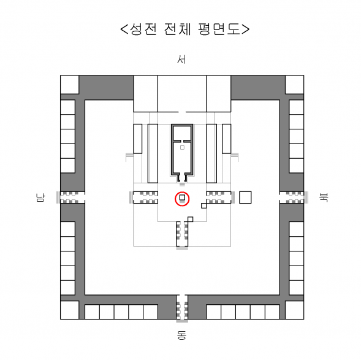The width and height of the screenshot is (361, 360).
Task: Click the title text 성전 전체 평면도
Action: pyautogui.click(x=185, y=29)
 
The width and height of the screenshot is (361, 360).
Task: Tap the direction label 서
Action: pyautogui.click(x=181, y=59)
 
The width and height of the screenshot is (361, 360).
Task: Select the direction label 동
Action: pyautogui.click(x=181, y=335)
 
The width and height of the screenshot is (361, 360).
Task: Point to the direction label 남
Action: pyautogui.click(x=40, y=197)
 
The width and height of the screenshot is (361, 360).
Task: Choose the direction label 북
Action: pyautogui.click(x=324, y=197)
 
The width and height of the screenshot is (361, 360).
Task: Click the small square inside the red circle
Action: pyautogui.click(x=182, y=197)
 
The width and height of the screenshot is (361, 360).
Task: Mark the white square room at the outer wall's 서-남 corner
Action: pyautogui.click(x=69, y=85)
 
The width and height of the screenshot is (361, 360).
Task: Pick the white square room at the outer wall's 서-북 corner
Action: pyautogui.click(x=294, y=85)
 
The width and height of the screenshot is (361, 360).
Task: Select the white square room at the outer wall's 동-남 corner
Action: pyautogui.click(x=69, y=310)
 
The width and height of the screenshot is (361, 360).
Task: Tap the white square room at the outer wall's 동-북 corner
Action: pyautogui.click(x=294, y=310)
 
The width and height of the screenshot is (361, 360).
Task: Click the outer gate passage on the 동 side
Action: pyautogui.click(x=182, y=308)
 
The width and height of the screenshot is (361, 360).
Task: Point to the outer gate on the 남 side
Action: pyautogui.click(x=70, y=197)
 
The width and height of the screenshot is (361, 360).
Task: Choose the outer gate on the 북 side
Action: pyautogui.click(x=294, y=197)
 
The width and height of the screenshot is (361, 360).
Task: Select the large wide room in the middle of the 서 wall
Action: pyautogui.click(x=182, y=94)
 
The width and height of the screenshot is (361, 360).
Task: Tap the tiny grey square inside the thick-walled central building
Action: pyautogui.click(x=182, y=147)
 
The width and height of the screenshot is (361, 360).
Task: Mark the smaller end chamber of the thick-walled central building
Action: pyautogui.click(x=182, y=132)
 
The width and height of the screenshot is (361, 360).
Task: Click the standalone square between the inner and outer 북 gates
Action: pyautogui.click(x=245, y=197)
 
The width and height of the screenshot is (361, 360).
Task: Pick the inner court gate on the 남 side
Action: pyautogui.click(x=144, y=197)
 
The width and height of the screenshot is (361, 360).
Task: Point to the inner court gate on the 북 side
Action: pyautogui.click(x=220, y=197)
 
